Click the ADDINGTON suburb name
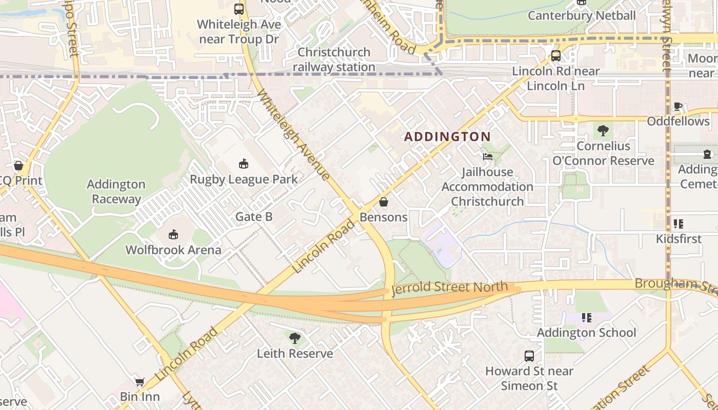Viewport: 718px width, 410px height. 447,137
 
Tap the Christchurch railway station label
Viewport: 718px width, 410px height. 334,59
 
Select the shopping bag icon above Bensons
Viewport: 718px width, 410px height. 384,202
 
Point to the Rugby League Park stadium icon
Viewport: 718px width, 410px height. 244,164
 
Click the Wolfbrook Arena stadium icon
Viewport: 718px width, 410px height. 173,235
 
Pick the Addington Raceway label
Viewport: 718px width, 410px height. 116,192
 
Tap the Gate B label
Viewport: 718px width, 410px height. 254,217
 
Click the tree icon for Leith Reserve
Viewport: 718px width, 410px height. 295,338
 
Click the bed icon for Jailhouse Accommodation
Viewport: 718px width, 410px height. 487,156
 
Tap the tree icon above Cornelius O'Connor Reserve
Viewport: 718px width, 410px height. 603,131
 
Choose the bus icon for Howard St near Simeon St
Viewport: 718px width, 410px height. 529,356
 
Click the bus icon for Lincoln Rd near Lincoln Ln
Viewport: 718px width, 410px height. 556,56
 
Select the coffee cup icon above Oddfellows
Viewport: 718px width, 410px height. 678,107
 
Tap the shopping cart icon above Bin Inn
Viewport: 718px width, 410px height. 139,382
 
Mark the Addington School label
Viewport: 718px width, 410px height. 586,333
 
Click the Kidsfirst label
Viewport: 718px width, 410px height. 679,239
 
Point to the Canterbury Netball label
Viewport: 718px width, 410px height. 582,15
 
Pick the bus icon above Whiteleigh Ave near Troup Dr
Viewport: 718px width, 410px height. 239,9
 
